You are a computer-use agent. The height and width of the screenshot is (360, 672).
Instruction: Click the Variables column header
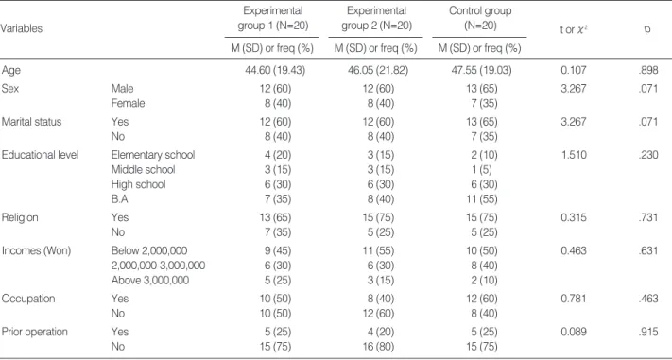(22, 28)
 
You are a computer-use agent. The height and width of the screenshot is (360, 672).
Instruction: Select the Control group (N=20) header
(480, 18)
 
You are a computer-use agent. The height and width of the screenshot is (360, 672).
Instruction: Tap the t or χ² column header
(573, 30)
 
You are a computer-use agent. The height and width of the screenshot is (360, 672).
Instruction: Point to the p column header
(647, 31)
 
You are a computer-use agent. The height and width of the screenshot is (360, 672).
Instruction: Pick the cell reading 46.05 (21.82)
(378, 70)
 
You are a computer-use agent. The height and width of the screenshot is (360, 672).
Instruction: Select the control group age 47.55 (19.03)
(481, 70)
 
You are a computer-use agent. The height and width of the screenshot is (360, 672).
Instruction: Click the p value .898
(647, 70)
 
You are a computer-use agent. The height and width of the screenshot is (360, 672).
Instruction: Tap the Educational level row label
(41, 155)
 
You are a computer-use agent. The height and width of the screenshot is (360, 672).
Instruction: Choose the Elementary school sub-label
(153, 155)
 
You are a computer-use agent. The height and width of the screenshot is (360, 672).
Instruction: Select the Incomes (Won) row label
(37, 250)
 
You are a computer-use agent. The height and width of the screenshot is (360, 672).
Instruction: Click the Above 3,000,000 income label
(150, 281)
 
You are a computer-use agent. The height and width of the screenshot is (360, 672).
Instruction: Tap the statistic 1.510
(573, 155)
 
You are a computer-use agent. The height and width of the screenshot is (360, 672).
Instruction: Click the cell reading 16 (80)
(378, 346)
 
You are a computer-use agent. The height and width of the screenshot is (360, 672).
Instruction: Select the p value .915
(647, 332)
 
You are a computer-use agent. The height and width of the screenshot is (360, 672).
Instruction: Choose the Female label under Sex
(128, 103)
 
